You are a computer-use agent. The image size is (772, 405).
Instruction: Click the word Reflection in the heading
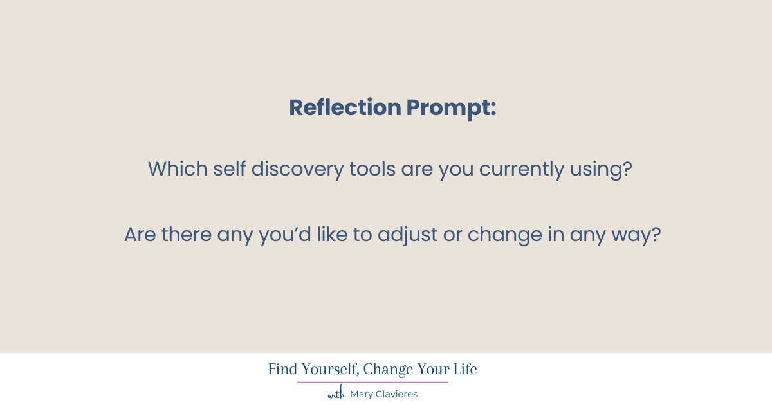pos(345,107)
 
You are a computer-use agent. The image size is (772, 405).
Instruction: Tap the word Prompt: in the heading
pos(451,109)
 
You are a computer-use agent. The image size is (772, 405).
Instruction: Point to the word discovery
pos(297,170)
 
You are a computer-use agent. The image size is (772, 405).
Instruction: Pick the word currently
pos(522,170)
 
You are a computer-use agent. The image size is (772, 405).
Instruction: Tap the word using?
pos(601,170)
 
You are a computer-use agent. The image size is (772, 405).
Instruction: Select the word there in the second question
pos(187,235)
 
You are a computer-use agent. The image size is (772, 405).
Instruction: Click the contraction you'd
pos(285,235)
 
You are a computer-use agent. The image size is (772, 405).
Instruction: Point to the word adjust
pos(408,235)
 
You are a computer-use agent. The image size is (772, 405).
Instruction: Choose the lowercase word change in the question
pos(505,235)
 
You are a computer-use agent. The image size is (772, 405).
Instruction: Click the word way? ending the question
pos(636,235)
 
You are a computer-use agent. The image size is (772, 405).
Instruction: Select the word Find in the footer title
pos(282,369)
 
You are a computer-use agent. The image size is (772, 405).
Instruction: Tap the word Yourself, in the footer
pos(331,370)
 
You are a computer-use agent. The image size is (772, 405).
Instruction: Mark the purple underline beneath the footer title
pos(372,382)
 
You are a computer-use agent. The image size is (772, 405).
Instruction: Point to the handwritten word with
pos(336,393)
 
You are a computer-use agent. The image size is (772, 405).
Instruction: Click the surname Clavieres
pos(396,394)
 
